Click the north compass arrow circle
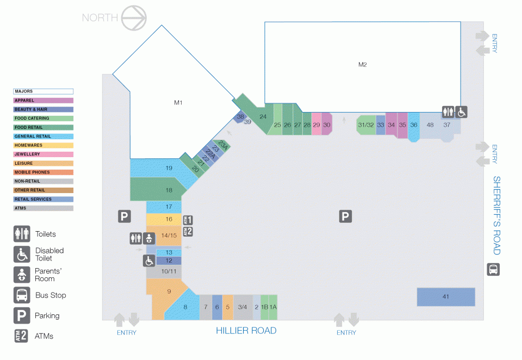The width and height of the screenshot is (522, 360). [134, 18]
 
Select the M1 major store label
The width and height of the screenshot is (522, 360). [178, 103]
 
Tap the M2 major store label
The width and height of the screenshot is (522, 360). [363, 65]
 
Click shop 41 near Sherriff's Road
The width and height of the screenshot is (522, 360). [446, 297]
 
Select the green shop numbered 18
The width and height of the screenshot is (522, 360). [157, 189]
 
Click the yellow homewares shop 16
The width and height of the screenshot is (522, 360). [164, 220]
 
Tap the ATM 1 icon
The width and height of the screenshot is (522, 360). [188, 220]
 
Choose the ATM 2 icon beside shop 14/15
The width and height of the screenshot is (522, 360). [188, 232]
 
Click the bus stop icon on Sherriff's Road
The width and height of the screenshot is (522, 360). [493, 269]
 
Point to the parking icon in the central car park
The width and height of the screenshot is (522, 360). [345, 216]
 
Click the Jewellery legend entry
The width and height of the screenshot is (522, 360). [43, 154]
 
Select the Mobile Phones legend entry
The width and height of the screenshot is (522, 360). [43, 172]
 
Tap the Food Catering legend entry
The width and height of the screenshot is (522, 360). [43, 119]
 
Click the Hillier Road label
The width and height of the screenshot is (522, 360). [246, 331]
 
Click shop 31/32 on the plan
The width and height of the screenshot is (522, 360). [366, 125]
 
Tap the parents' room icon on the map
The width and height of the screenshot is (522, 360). [149, 238]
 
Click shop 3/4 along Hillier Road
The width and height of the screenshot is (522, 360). [243, 307]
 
